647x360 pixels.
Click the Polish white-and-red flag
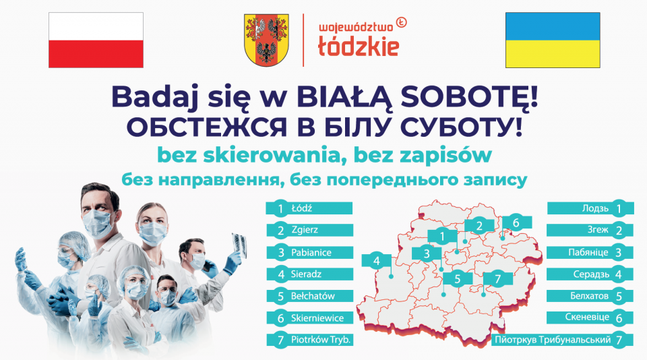coord(96,40)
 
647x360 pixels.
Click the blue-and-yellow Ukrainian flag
coord(553,40)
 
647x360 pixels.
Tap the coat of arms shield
coord(266,40)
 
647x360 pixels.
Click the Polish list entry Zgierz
coord(305,229)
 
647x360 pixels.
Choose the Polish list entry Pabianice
coord(311,252)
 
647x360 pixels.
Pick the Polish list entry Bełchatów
coord(313,296)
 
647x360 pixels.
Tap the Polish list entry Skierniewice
coord(317,318)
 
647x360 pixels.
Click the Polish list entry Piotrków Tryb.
coord(321,340)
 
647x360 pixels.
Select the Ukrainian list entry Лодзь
coord(595,208)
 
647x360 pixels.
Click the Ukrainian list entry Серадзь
coord(591,274)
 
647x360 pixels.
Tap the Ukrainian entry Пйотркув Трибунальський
coord(553,340)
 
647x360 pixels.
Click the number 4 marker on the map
coord(376,261)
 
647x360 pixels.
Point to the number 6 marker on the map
coord(516,222)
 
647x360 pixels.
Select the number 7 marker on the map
coord(497,278)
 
